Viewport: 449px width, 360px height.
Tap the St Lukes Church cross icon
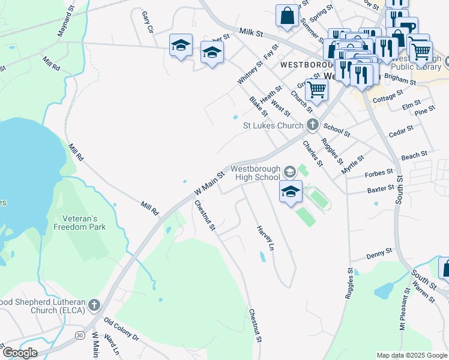[312, 125]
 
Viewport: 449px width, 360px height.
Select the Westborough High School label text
[256, 173]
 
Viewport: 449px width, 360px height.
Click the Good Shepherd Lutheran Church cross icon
[94, 305]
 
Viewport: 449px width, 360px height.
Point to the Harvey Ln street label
[265, 238]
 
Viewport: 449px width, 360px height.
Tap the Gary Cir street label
[148, 22]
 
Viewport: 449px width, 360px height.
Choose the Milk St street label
[251, 32]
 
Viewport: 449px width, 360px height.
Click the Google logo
[19, 352]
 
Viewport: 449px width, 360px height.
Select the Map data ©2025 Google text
[411, 355]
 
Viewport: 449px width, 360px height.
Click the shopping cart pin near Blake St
[316, 90]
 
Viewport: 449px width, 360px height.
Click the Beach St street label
[414, 156]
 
